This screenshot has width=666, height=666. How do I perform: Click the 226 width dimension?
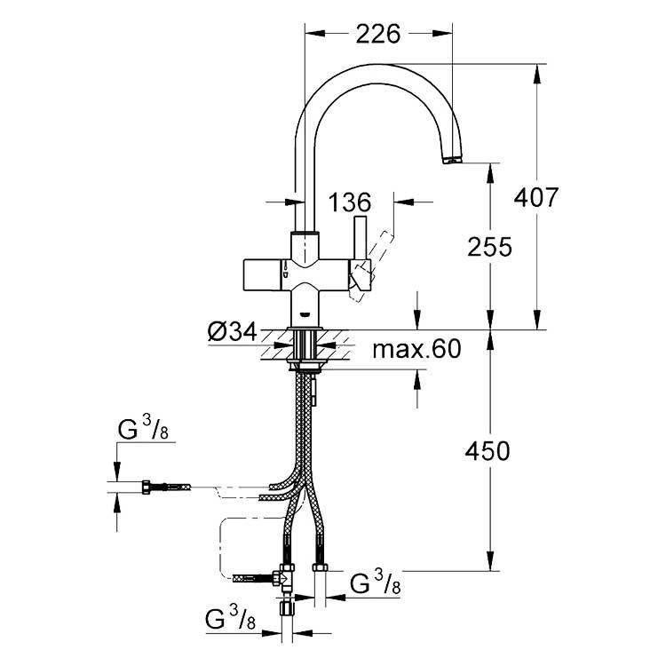tap(378, 35)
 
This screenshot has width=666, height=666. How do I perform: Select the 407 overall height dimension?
tap(536, 197)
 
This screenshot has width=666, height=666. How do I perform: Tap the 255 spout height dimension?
tap(489, 247)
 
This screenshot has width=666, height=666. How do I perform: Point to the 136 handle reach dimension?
tap(350, 202)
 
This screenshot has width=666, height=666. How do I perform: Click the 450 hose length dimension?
tap(488, 451)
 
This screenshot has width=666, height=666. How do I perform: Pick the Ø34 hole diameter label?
tap(233, 332)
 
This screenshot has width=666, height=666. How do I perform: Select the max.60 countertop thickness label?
tap(416, 349)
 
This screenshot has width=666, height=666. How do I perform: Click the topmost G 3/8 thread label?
tap(143, 428)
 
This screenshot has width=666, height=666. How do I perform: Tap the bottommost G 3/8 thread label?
tap(230, 617)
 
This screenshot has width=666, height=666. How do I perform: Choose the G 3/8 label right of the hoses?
tap(376, 583)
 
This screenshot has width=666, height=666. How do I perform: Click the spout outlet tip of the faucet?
tap(452, 160)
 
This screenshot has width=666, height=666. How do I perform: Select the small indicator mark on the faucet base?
tap(305, 314)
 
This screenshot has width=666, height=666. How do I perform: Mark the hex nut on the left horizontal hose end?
tap(146, 487)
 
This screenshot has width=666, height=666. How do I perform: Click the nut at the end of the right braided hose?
tap(321, 567)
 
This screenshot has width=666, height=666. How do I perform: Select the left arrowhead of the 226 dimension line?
tap(315, 34)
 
